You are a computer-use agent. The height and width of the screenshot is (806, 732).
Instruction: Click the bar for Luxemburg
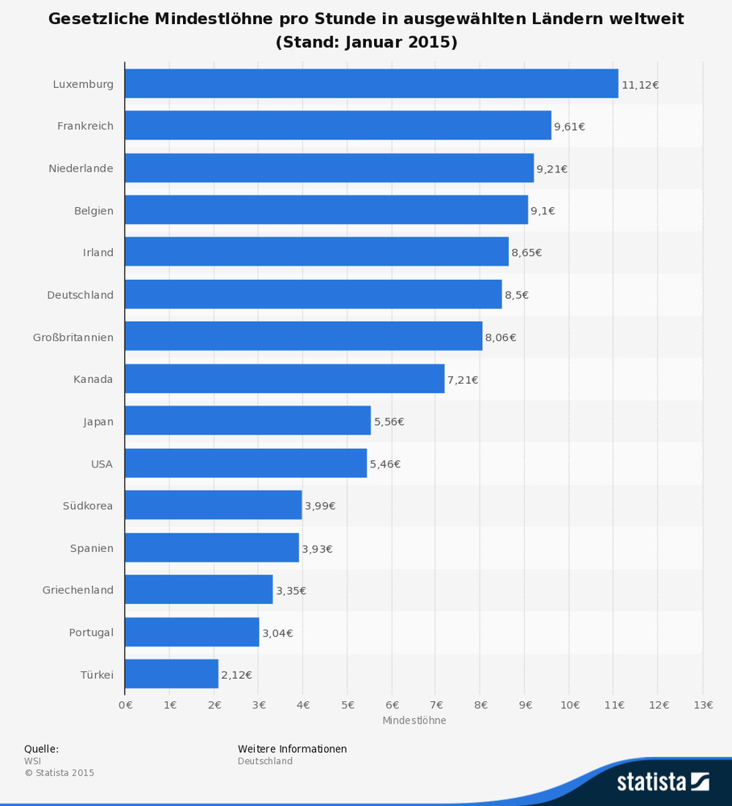(371, 84)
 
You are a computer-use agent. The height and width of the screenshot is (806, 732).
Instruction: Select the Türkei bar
(172, 674)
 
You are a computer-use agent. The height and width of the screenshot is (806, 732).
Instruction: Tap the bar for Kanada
(285, 379)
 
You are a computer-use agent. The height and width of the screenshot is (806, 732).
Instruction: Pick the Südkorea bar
(214, 505)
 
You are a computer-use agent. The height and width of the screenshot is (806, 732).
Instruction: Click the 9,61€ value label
(569, 127)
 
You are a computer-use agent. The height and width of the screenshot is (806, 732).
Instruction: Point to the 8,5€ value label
(517, 295)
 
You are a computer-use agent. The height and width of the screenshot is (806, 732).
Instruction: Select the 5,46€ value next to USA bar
(385, 464)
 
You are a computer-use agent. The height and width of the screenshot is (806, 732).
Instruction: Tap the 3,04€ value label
(277, 633)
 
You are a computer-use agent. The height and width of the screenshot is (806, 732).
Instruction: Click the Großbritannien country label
(73, 337)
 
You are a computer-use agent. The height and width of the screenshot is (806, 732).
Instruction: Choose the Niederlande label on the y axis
(81, 168)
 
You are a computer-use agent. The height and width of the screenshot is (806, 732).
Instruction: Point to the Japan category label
(98, 422)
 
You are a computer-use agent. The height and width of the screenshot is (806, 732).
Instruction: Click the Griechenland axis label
(78, 590)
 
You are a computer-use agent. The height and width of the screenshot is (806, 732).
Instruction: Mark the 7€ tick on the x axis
(436, 704)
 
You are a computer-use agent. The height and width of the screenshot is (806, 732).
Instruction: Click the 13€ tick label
(703, 704)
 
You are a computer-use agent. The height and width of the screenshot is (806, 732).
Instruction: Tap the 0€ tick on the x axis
(125, 704)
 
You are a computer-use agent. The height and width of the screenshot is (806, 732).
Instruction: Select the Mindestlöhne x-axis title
(414, 721)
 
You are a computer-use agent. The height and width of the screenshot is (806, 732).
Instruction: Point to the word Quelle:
(41, 749)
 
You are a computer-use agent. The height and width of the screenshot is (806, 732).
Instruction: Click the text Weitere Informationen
(292, 749)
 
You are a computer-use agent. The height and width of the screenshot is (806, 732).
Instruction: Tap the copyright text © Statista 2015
(59, 773)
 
